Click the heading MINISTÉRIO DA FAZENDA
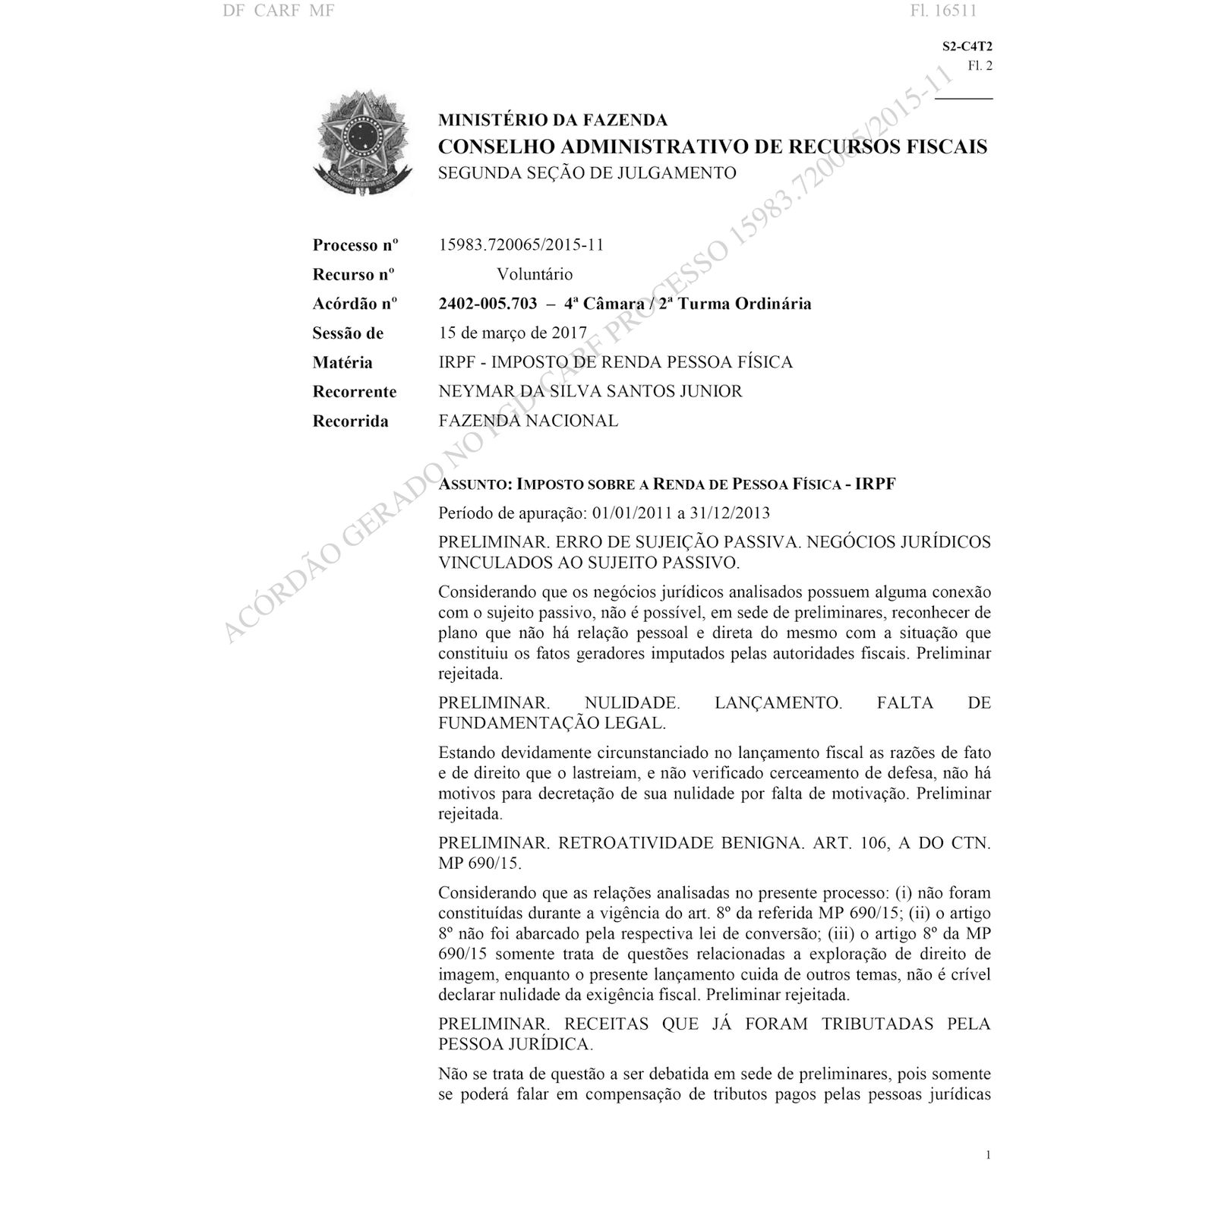pyautogui.click(x=553, y=120)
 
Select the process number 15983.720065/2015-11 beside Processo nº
pyautogui.click(x=521, y=245)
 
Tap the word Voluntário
pyautogui.click(x=535, y=274)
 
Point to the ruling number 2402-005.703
pyautogui.click(x=488, y=304)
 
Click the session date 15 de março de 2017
pyautogui.click(x=513, y=333)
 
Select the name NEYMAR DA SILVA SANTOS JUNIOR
pyautogui.click(x=590, y=391)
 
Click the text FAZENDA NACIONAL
pyautogui.click(x=528, y=421)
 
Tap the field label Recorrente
pyautogui.click(x=354, y=392)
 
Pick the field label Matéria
pyautogui.click(x=342, y=362)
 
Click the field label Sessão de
pyautogui.click(x=348, y=333)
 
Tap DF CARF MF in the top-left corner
pyautogui.click(x=279, y=11)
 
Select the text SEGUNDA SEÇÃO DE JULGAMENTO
pyautogui.click(x=587, y=173)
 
